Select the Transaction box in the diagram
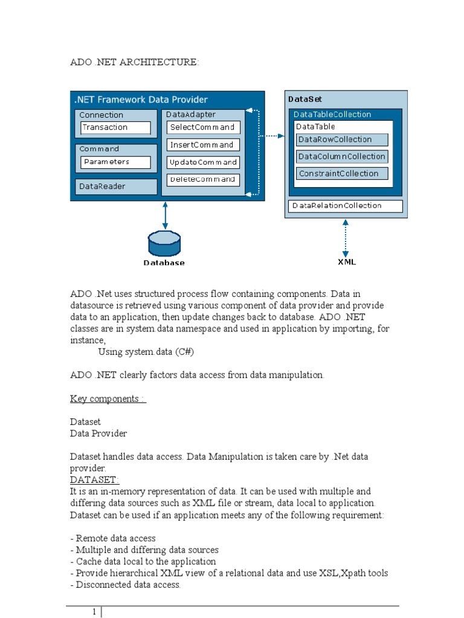(115, 127)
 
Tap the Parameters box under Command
(115, 162)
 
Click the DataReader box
(114, 186)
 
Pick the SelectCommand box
(203, 127)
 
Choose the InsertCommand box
(203, 145)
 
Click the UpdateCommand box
(203, 162)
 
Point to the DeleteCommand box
(203, 180)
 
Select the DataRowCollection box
(341, 139)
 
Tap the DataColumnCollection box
(341, 156)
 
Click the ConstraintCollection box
(341, 174)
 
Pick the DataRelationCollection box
(345, 206)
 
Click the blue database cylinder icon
(164, 243)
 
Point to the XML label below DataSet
(346, 262)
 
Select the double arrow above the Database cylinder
(165, 215)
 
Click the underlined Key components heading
(108, 399)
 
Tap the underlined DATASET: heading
(95, 479)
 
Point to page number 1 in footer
(95, 612)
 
